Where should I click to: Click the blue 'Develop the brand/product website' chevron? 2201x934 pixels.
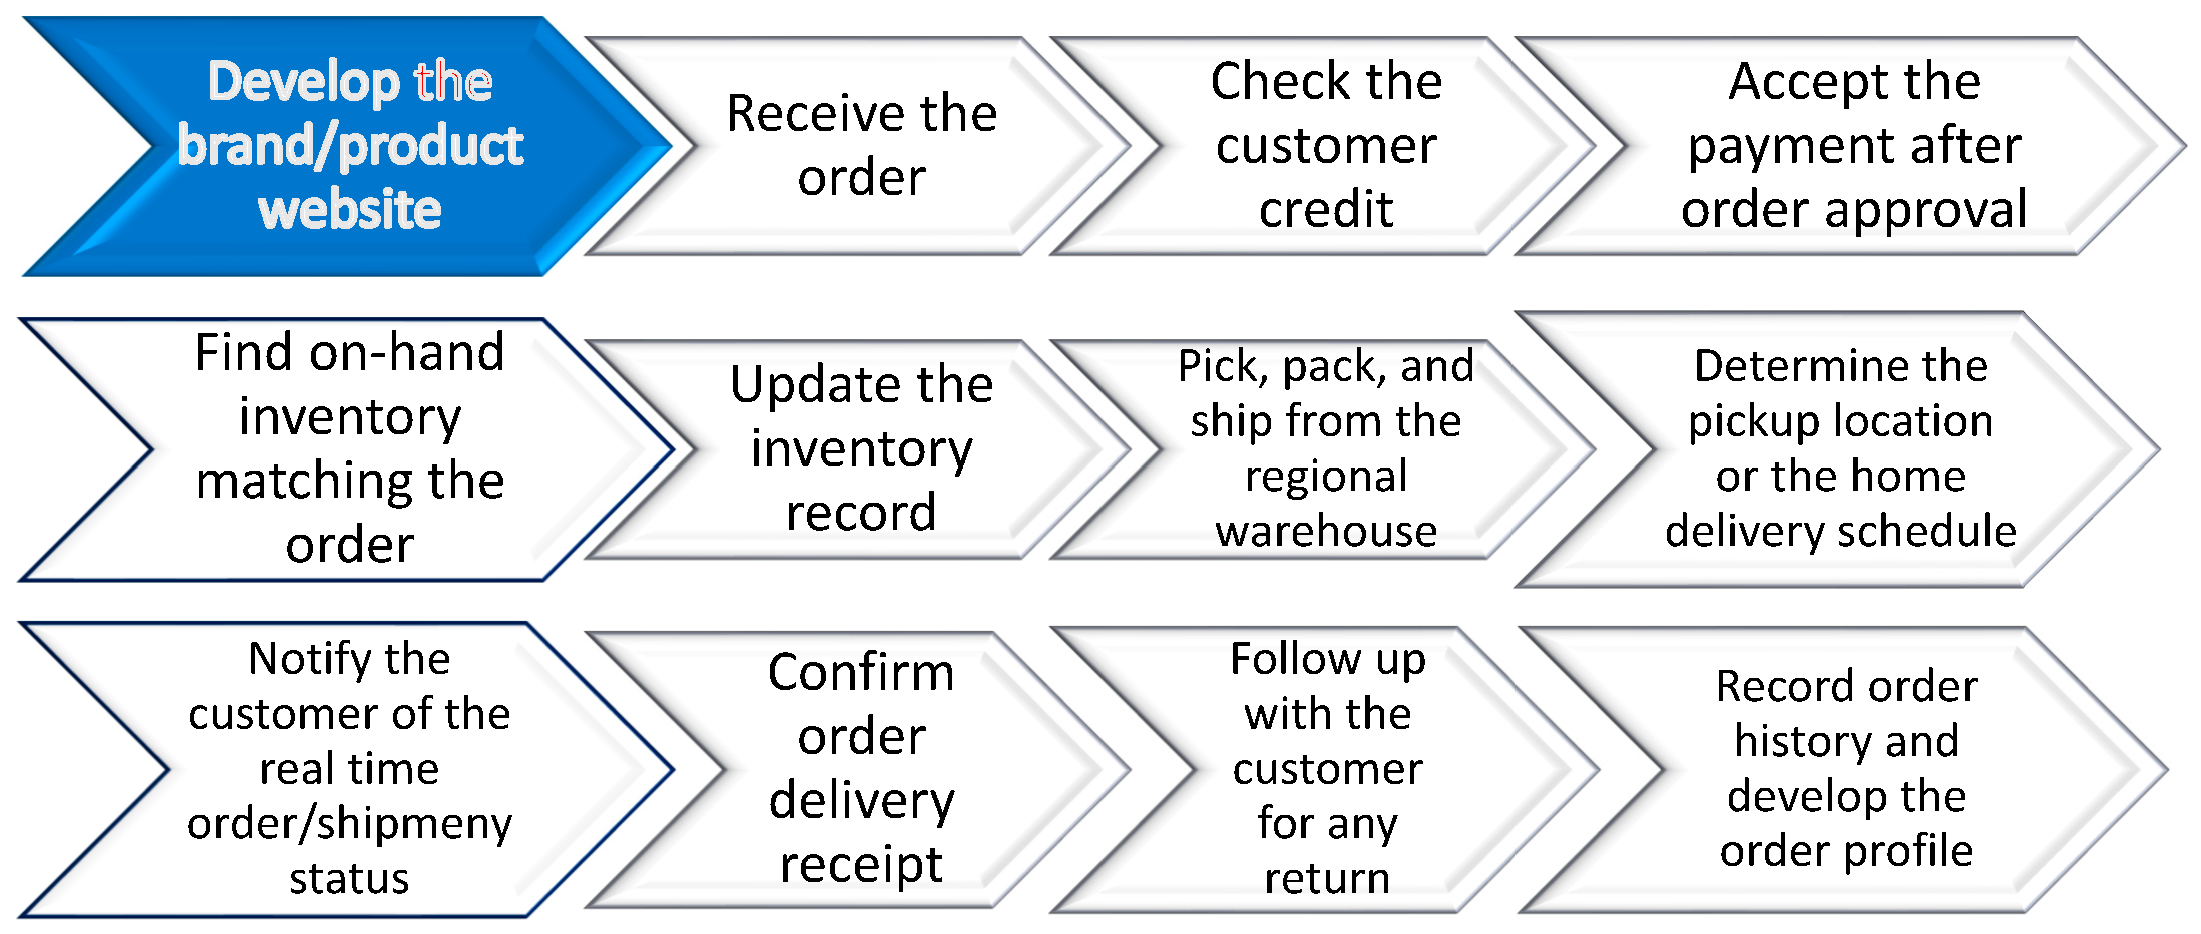tap(350, 145)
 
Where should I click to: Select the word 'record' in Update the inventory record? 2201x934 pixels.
tap(861, 512)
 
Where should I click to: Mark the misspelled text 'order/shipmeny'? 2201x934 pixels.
tap(349, 824)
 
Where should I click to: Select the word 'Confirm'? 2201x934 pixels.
tap(861, 673)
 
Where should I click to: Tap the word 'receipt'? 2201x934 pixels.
tap(861, 865)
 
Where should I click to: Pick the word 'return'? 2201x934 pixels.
tap(1327, 878)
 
